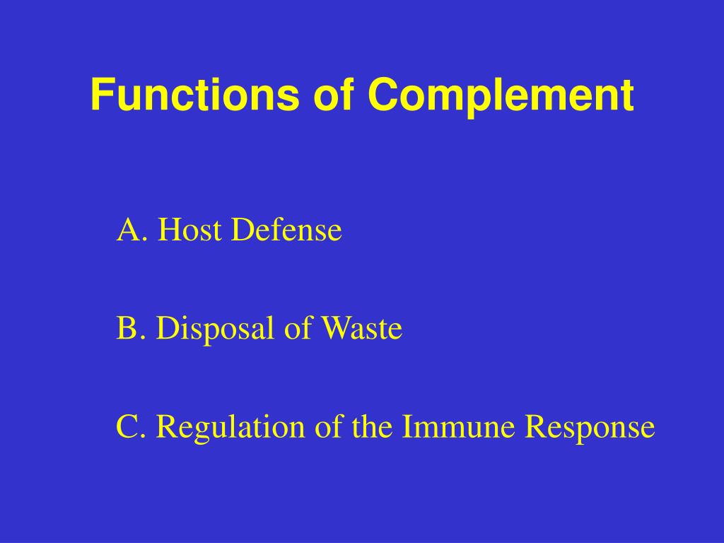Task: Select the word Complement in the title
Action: click(501, 95)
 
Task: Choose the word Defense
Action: click(287, 230)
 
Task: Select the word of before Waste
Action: click(297, 329)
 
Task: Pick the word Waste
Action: click(361, 329)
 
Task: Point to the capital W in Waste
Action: click(334, 329)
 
